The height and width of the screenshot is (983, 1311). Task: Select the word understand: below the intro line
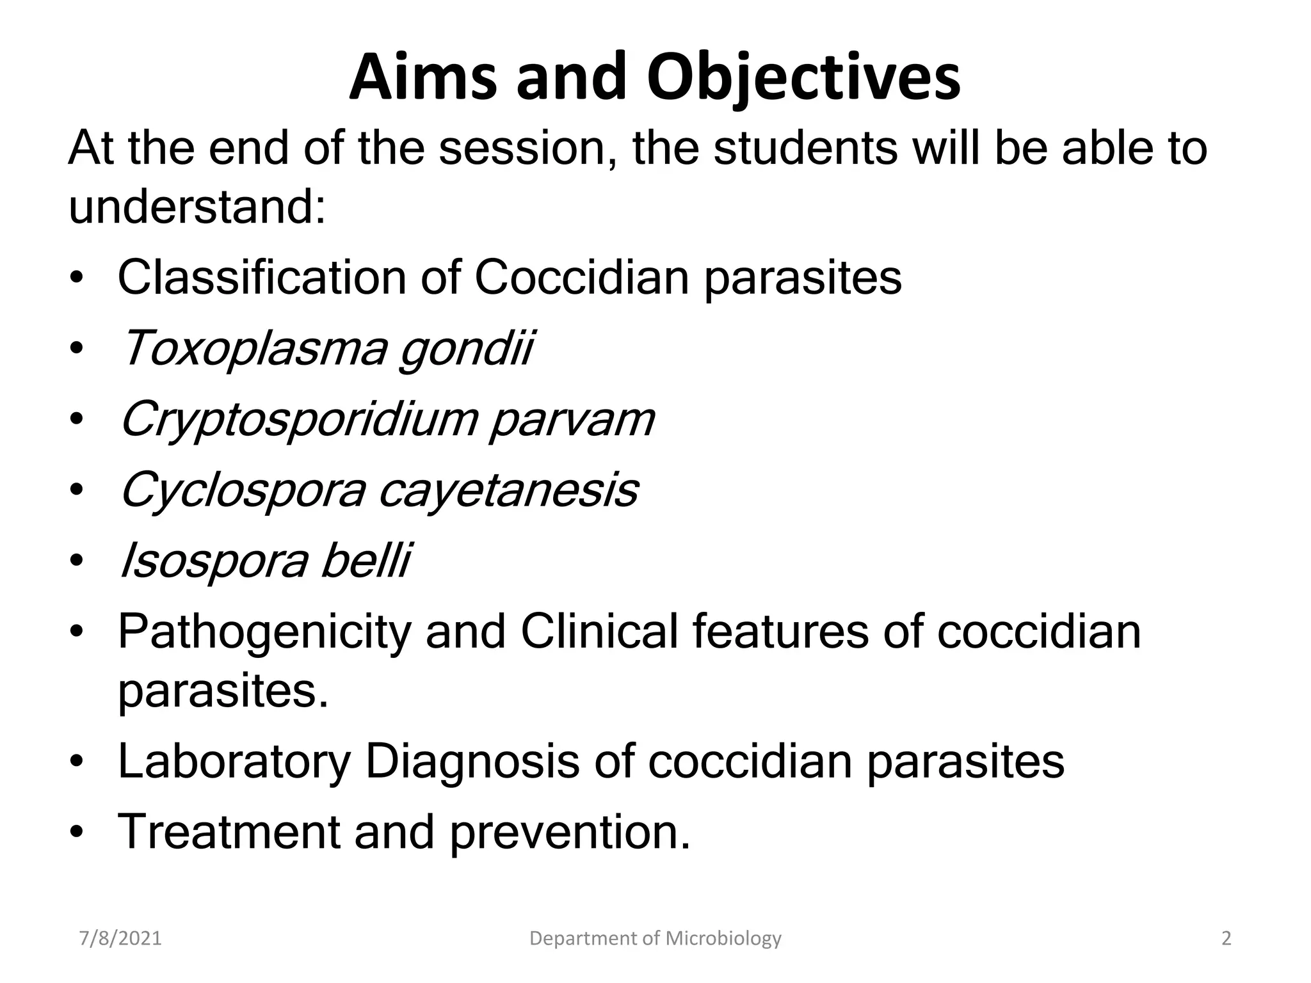pos(197,207)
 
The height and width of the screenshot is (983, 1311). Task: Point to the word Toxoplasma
pos(253,349)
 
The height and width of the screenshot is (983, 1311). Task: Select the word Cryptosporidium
pos(299,420)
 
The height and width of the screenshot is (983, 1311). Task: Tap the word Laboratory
pos(234,762)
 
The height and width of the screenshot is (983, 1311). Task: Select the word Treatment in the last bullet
pos(229,832)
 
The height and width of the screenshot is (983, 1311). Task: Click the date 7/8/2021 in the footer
pos(120,939)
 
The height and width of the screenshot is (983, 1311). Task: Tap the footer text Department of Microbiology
pos(655,939)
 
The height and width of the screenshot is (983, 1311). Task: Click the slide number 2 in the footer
pos(1227,939)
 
